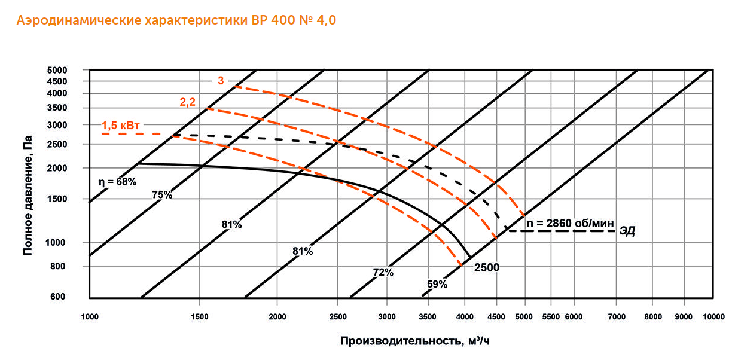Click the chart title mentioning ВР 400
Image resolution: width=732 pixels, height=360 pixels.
tap(176, 21)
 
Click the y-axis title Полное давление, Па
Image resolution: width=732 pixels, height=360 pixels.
tap(28, 195)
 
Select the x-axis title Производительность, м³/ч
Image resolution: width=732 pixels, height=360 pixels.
tap(416, 341)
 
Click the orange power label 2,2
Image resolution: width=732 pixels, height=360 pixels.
tap(188, 102)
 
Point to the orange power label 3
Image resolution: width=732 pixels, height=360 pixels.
tap(220, 80)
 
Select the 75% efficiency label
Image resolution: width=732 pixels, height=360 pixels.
tap(162, 195)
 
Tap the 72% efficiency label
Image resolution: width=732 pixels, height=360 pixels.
tap(383, 273)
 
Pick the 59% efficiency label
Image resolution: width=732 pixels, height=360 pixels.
tap(437, 285)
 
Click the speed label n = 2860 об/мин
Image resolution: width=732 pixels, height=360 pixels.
tap(571, 223)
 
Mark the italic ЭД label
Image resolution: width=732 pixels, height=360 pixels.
tap(627, 231)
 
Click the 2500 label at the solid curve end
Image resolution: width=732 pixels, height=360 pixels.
tap(486, 267)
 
